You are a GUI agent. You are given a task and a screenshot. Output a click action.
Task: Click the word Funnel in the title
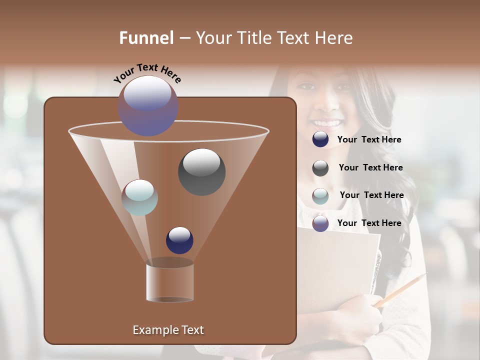click(x=146, y=38)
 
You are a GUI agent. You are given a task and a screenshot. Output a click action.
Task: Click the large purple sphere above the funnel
click(x=148, y=106)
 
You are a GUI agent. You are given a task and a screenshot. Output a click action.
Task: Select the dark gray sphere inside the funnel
click(x=202, y=171)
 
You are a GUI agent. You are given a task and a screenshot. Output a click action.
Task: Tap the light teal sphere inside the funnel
click(x=140, y=197)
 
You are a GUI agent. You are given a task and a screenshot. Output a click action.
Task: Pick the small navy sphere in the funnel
click(x=179, y=240)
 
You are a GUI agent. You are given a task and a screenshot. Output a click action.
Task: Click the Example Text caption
click(x=168, y=330)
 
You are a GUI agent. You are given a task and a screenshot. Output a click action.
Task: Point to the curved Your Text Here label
click(x=147, y=73)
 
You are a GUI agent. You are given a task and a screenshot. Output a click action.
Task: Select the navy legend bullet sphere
click(x=320, y=139)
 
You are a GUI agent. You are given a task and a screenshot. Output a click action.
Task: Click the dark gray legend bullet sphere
click(x=320, y=168)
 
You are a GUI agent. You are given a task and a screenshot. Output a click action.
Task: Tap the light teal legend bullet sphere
click(x=320, y=196)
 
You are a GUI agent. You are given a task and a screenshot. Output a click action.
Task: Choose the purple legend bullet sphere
click(x=320, y=223)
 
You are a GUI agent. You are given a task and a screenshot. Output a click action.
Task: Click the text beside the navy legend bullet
click(x=369, y=140)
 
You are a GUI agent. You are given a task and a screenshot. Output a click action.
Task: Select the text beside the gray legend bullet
click(x=370, y=168)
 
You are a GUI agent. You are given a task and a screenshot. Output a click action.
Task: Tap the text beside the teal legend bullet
click(x=371, y=195)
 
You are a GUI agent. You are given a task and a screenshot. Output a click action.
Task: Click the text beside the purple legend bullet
click(x=369, y=223)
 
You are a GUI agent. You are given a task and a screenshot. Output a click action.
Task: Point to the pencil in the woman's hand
click(x=400, y=290)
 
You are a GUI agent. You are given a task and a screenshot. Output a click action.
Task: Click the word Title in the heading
click(x=255, y=38)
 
